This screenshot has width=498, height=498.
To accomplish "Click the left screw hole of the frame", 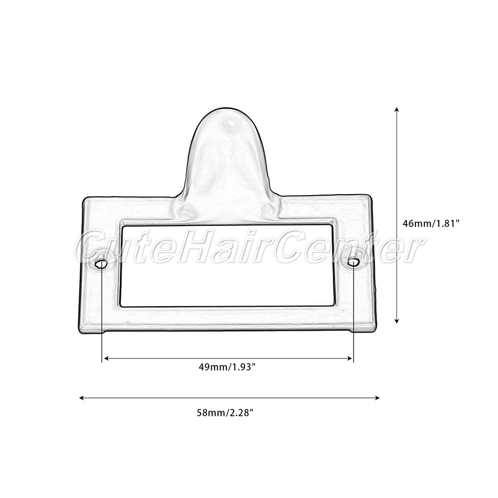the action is click(101, 264).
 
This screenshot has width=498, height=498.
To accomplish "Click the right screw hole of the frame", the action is click(353, 262).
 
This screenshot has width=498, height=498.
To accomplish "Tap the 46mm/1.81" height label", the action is click(431, 223).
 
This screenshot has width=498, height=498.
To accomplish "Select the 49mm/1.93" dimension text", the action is click(227, 367).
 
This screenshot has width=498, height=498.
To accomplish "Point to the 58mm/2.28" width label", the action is click(225, 413).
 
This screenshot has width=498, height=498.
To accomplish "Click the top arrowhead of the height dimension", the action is click(396, 110).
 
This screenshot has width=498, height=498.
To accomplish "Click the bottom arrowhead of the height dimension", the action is click(396, 321).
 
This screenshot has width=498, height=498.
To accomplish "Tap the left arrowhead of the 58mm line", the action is click(82, 397).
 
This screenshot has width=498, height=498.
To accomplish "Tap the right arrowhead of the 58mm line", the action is click(377, 397).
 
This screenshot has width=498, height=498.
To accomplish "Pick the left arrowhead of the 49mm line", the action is click(107, 359).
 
